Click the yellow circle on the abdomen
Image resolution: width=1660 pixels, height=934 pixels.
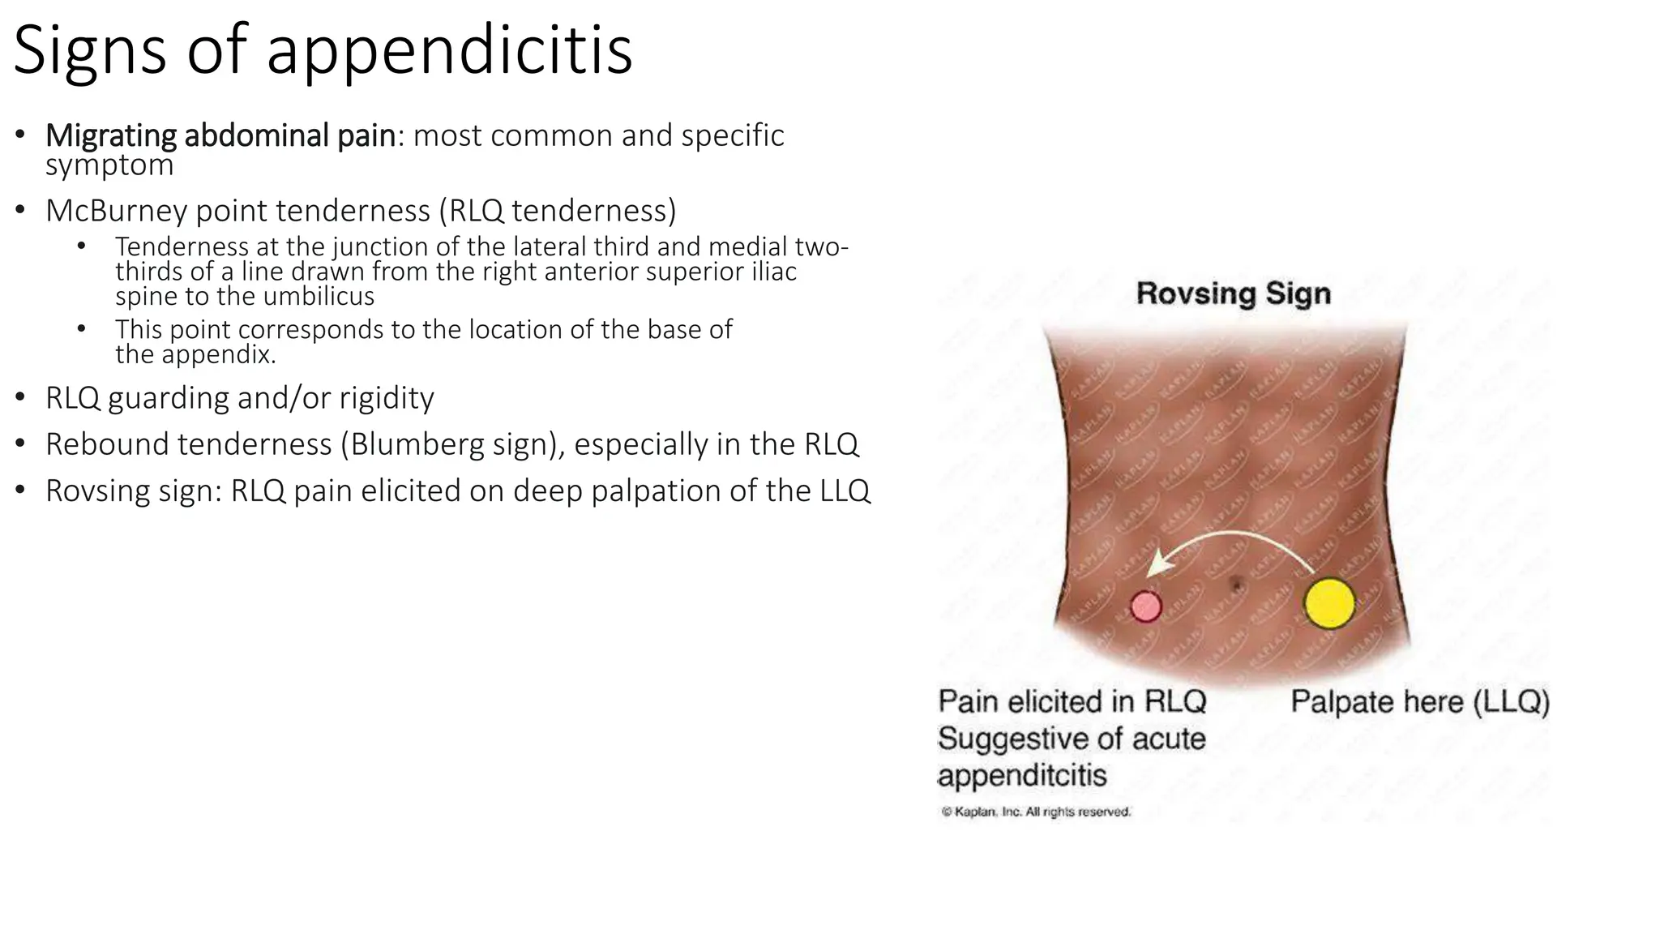click(x=1329, y=604)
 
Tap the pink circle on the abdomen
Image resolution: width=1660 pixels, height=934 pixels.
click(x=1145, y=606)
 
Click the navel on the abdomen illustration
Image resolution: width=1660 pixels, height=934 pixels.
click(x=1237, y=583)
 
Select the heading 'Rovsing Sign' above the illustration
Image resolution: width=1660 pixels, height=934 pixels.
click(x=1233, y=293)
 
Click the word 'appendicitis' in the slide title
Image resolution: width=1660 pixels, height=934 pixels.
click(x=449, y=51)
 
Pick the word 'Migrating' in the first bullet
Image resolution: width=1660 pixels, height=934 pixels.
click(x=111, y=135)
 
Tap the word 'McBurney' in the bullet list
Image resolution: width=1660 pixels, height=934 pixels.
click(x=117, y=211)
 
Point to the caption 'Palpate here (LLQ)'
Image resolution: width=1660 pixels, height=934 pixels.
click(x=1419, y=702)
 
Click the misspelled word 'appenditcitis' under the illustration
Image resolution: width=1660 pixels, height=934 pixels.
click(x=1021, y=776)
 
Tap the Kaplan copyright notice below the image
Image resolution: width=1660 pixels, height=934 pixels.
click(x=1035, y=812)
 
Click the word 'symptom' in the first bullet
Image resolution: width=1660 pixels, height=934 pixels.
click(x=109, y=165)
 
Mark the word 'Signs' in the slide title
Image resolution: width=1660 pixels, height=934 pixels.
click(x=89, y=51)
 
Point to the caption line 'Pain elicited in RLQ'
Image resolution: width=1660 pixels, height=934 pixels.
click(x=1072, y=702)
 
